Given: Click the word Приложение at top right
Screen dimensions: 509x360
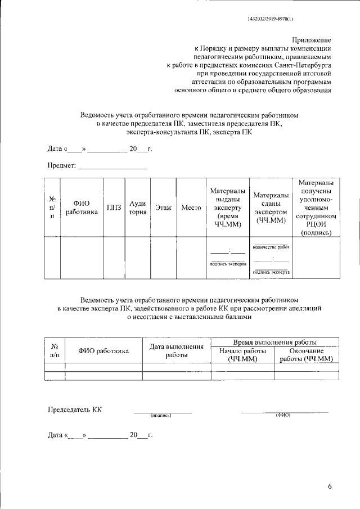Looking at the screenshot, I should (311, 40).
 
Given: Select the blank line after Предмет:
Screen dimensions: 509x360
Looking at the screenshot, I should (112, 166).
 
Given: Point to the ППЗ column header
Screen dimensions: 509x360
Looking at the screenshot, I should (114, 208).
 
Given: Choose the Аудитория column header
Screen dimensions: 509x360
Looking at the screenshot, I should (138, 208).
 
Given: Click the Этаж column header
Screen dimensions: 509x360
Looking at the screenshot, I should (163, 208).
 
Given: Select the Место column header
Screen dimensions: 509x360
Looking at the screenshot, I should (191, 208).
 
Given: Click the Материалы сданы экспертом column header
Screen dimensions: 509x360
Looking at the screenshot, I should (271, 208).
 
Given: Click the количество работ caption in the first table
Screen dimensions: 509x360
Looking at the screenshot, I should (271, 246).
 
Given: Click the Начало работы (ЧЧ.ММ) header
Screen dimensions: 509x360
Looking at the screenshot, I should (242, 355).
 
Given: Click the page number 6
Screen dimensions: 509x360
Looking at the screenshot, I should (330, 487).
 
